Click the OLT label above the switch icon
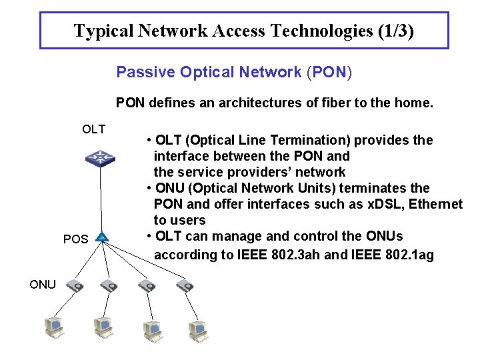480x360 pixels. [93, 129]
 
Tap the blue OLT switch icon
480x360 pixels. [100, 158]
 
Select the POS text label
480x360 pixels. [75, 239]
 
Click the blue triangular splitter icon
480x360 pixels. [101, 237]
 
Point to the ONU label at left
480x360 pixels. [43, 285]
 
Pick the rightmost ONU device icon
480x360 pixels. [185, 286]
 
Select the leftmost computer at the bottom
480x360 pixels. [53, 327]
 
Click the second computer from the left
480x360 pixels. [103, 327]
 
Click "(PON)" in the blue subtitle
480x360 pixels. [329, 72]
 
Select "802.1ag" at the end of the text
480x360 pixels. [407, 255]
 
